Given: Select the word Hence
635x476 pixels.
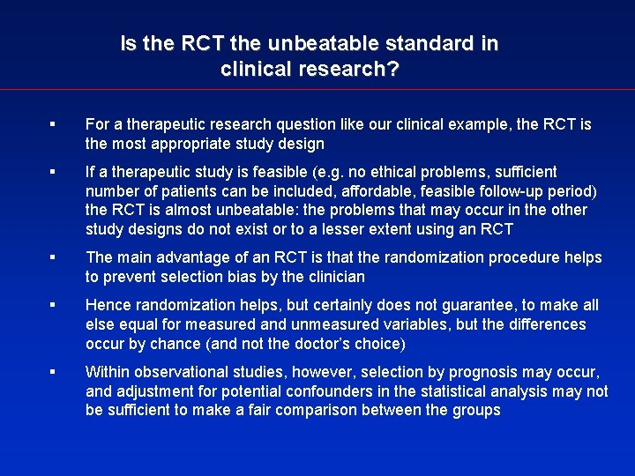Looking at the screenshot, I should pos(107,305).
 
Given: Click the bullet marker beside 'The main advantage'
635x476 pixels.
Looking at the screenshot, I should pos(55,257).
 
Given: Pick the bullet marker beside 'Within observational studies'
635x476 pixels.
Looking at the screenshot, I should pos(55,372).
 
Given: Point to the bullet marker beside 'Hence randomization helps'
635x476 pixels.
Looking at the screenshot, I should pos(55,305).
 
